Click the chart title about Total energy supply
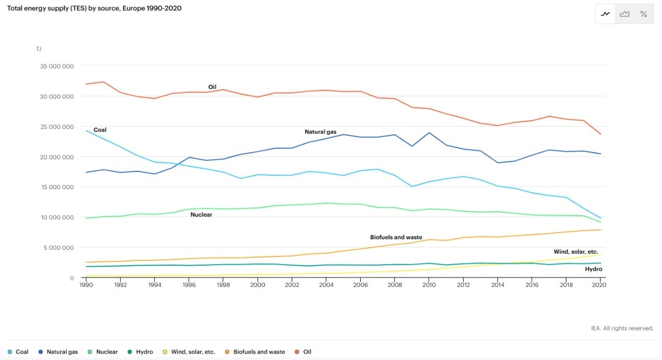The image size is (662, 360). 94,8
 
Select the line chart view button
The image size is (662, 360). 605,14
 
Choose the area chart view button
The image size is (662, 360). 624,14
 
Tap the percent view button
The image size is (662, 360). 643,14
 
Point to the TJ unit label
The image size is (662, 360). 38,49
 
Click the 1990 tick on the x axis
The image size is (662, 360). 86,285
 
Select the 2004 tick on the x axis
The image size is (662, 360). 326,285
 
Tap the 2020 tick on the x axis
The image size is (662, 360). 599,285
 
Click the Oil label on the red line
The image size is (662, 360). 212,87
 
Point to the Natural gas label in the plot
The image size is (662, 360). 320,132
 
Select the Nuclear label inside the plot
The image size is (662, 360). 201,214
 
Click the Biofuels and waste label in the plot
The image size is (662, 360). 396,237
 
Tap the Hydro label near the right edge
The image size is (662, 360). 594,269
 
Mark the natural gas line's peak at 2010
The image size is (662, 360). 429,133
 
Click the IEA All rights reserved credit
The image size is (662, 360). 622,328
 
